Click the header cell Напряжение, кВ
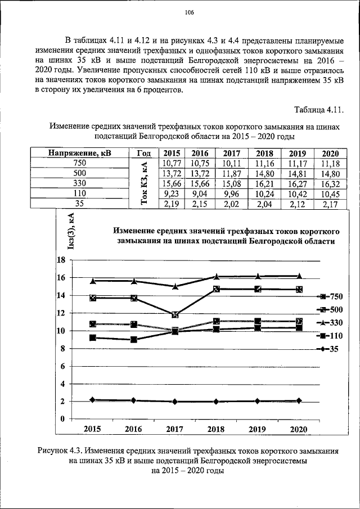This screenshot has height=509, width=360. [79, 153]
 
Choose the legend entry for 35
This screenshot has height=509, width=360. [337, 349]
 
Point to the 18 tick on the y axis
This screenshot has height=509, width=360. [62, 260]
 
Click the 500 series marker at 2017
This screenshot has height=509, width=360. [175, 315]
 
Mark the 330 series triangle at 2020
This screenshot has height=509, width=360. [299, 276]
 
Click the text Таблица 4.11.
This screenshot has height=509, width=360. [318, 109]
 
